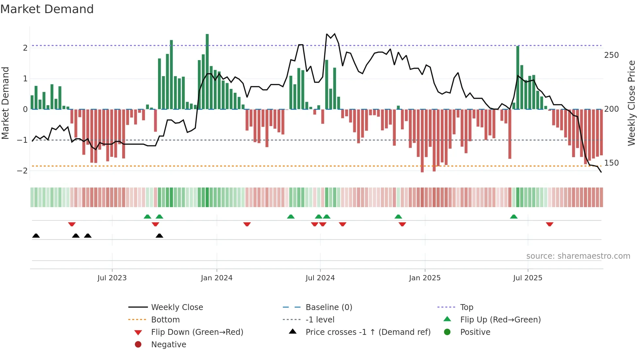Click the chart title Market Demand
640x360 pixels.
point(47,9)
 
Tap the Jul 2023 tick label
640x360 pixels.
point(112,278)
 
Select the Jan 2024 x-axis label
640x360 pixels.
point(216,278)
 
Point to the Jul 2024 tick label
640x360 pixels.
point(320,278)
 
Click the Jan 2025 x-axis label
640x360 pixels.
point(424,278)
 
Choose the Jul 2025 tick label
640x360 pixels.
point(527,278)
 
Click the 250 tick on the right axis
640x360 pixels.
point(611,55)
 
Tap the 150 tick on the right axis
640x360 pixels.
point(611,163)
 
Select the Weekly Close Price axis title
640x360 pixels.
point(632,103)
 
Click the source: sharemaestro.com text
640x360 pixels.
point(578,256)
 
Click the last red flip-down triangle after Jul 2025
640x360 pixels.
point(550,224)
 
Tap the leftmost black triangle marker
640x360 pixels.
point(36,236)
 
